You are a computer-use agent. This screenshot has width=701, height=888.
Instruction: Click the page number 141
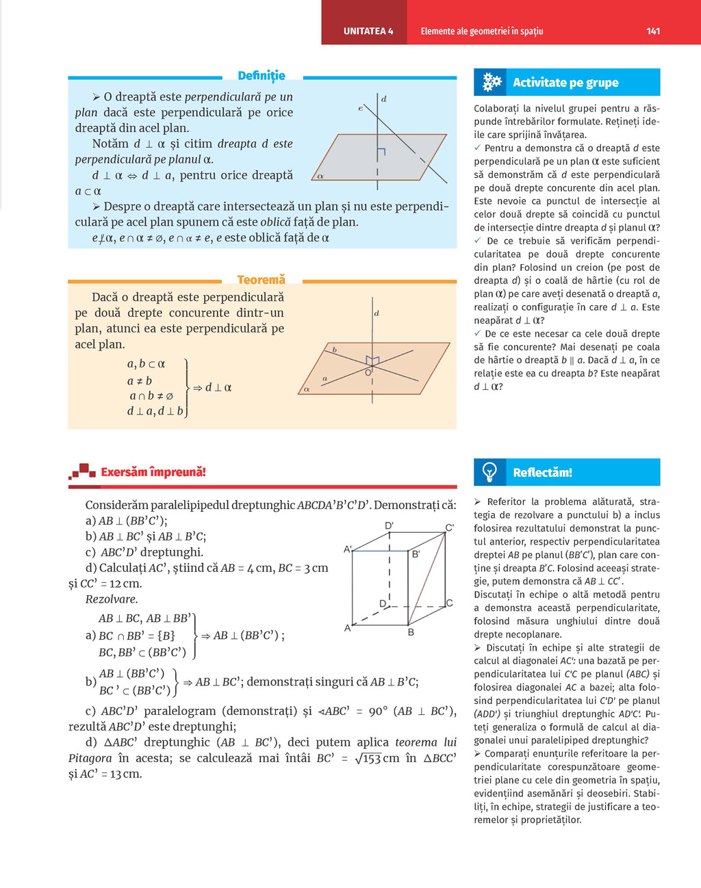point(652,31)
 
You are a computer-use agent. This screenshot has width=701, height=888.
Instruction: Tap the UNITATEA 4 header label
point(368,31)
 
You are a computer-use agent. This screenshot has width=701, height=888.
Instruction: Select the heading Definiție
point(262,75)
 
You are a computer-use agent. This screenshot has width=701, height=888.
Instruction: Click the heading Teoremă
point(261,279)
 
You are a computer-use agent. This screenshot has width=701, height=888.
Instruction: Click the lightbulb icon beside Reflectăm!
point(489,472)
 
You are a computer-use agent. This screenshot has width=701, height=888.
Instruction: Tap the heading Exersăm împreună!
point(153,472)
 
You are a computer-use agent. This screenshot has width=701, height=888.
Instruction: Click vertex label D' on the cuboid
point(389,525)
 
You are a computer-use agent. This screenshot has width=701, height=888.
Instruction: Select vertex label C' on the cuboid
point(450,527)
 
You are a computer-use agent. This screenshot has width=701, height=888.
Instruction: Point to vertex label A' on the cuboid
point(348,549)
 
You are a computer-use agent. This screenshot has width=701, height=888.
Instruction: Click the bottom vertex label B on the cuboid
point(411,632)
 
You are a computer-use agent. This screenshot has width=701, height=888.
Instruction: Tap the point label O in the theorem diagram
point(368,372)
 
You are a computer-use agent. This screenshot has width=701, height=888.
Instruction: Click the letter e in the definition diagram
point(360,108)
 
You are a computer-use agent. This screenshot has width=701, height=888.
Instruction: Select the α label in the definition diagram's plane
point(320,176)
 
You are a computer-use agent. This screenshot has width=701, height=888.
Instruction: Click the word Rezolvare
point(112,599)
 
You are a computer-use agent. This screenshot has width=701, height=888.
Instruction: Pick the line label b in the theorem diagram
point(335,350)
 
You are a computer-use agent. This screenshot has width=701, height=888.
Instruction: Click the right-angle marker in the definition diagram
point(381,151)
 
